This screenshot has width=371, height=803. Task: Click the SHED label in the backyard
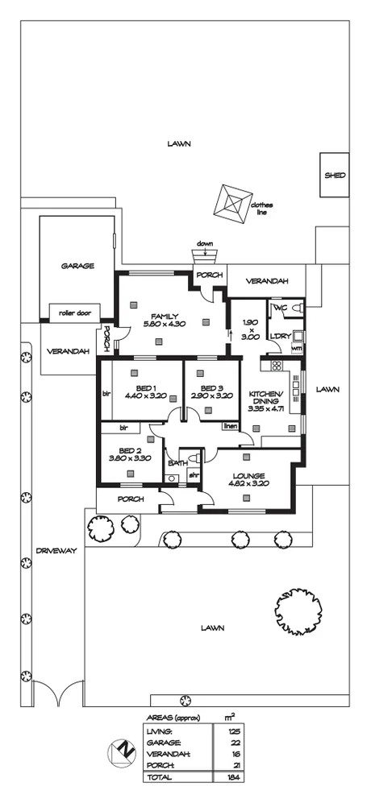pos(335,175)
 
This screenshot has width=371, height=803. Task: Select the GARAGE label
pos(77,265)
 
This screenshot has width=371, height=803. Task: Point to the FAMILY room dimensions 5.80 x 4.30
pos(165,324)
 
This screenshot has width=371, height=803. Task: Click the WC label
pos(280,308)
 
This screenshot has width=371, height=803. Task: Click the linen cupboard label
pos(231,425)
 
